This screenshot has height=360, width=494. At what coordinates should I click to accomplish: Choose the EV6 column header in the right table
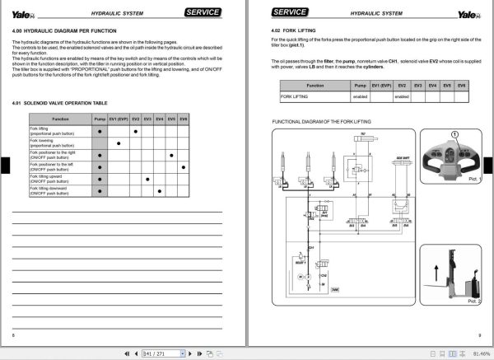[x=461, y=85]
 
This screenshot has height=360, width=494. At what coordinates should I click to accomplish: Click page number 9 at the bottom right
[x=479, y=334]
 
